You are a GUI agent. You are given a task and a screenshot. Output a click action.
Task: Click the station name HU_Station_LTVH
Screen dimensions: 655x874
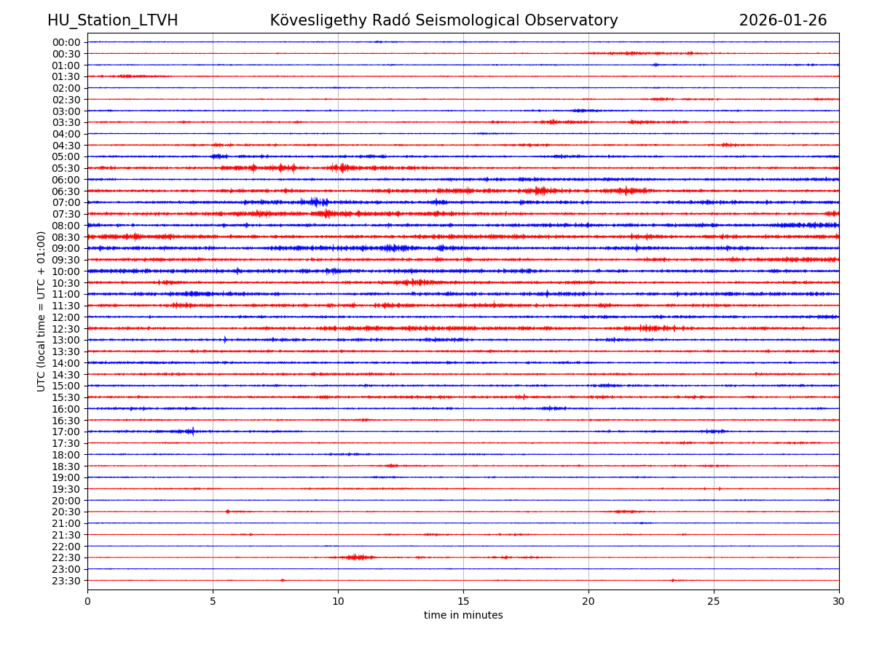pyautogui.click(x=112, y=21)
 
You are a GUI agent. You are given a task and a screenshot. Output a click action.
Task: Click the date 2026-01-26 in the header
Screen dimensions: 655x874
pyautogui.click(x=783, y=21)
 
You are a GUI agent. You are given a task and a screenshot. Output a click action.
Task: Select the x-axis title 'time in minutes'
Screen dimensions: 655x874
pyautogui.click(x=463, y=616)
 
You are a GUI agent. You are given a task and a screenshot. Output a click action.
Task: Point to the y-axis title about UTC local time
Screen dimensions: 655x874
pyautogui.click(x=42, y=311)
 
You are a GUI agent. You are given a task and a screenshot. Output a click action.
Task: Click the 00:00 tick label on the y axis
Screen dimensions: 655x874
pyautogui.click(x=66, y=42)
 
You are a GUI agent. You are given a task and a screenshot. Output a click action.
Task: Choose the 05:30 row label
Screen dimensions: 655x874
pyautogui.click(x=66, y=168)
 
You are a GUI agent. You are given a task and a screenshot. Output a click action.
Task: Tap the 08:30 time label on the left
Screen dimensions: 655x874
pyautogui.click(x=66, y=237)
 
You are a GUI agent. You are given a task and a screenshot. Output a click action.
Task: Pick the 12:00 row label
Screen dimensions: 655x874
pyautogui.click(x=66, y=317)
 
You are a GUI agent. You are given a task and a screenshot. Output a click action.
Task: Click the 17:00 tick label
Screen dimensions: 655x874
pyautogui.click(x=66, y=432)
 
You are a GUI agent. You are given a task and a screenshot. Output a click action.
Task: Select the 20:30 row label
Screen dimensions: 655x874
pyautogui.click(x=66, y=512)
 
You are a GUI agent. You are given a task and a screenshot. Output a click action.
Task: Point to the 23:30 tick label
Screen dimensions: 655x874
pyautogui.click(x=66, y=581)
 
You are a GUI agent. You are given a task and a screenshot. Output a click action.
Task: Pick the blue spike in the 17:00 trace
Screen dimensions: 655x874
pyautogui.click(x=192, y=432)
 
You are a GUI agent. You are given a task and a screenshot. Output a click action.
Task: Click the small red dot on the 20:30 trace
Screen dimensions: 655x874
pyautogui.click(x=227, y=512)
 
